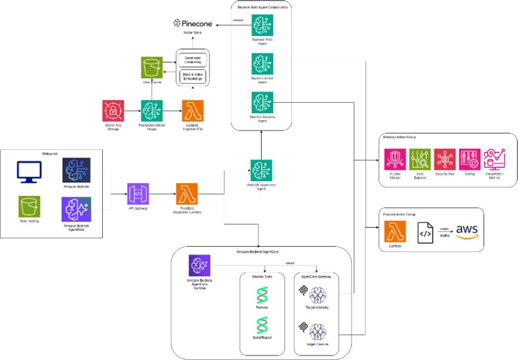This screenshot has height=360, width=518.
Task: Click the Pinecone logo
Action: [196, 24]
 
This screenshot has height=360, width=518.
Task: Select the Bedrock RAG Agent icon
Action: [262, 25]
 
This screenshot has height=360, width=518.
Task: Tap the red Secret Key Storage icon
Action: [114, 111]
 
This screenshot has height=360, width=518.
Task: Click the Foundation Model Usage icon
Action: [152, 111]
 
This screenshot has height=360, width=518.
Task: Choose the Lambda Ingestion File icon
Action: [193, 111]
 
